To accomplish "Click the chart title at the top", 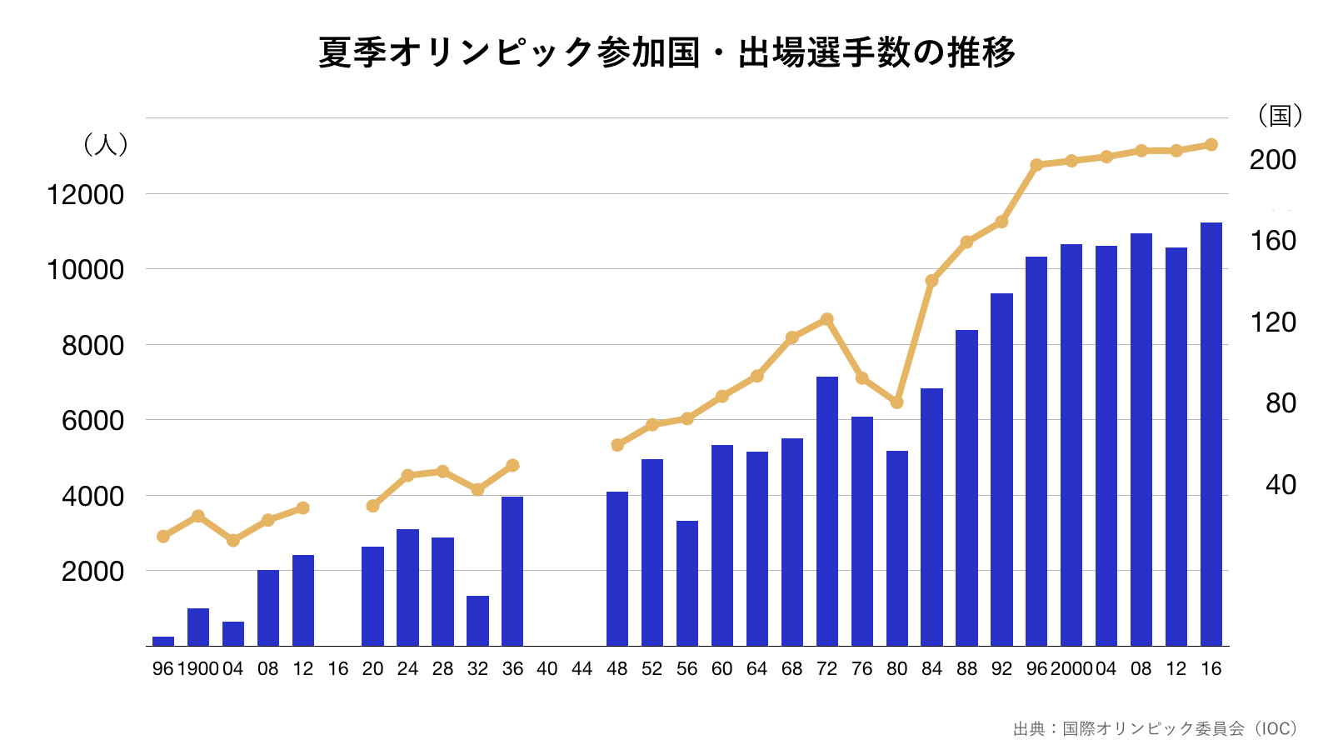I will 666,52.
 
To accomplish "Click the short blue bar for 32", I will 477,621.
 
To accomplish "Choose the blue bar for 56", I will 687,583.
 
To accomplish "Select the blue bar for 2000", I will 1071,445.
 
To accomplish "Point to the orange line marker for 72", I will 827,319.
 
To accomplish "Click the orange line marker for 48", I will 617,445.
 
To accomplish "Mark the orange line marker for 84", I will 932,281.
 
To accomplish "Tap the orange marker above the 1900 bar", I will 198,516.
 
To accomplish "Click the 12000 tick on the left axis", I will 85,195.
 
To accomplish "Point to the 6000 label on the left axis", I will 92,421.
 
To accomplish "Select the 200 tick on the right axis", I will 1272,160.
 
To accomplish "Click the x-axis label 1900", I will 197,669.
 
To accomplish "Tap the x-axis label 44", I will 582,669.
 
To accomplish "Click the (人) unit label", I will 106,144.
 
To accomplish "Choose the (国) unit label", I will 1280,115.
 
